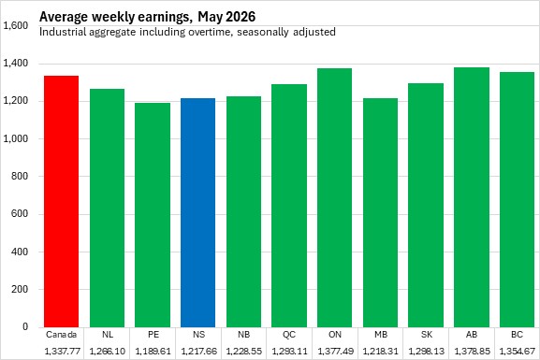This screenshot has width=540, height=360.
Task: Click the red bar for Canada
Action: (x=62, y=201)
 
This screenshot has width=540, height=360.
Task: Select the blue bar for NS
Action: (x=198, y=212)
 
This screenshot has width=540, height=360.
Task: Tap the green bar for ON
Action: (x=334, y=197)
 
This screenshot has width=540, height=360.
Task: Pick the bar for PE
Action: (x=153, y=215)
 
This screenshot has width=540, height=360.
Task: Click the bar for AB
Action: (x=472, y=197)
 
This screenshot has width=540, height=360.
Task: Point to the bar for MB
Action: (x=380, y=212)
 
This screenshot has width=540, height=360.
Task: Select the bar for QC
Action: (x=289, y=206)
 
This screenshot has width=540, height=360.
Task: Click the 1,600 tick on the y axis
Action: (x=16, y=25)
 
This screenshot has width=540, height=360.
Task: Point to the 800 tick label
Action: (x=20, y=176)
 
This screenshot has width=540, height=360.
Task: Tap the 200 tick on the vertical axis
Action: (x=20, y=289)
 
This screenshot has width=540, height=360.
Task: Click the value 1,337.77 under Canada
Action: (x=63, y=352)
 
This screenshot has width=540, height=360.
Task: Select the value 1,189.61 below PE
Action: (x=153, y=352)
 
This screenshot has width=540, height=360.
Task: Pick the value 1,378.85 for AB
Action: (x=472, y=352)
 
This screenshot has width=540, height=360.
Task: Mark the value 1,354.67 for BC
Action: (x=518, y=352)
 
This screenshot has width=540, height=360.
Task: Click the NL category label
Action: (x=108, y=335)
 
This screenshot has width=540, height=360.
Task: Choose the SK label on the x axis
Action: (x=426, y=335)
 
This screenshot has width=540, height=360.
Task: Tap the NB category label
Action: (x=244, y=335)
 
